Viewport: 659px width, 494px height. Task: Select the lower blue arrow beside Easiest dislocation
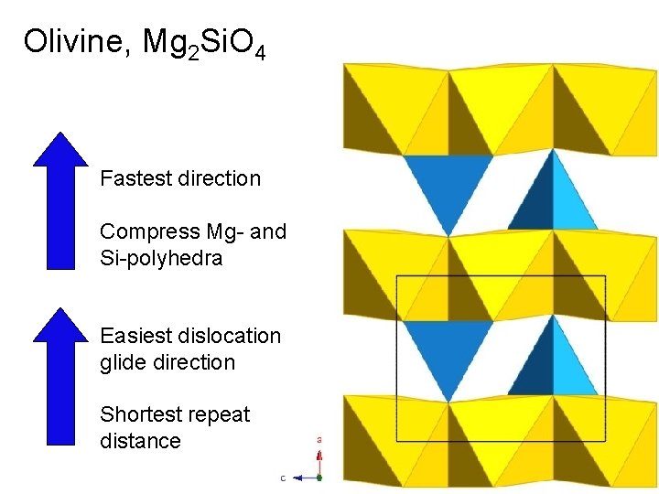click(60, 376)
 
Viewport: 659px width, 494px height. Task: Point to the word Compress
click(141, 232)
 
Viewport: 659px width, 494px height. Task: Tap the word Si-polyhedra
click(161, 259)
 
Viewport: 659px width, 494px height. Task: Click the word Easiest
click(134, 337)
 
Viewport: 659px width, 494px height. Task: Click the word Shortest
click(139, 414)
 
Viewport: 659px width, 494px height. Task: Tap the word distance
click(140, 441)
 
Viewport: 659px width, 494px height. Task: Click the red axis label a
click(319, 440)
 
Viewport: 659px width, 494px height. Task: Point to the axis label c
click(283, 478)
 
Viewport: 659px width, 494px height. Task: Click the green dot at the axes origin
click(319, 477)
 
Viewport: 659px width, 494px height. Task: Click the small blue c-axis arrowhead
click(298, 478)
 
